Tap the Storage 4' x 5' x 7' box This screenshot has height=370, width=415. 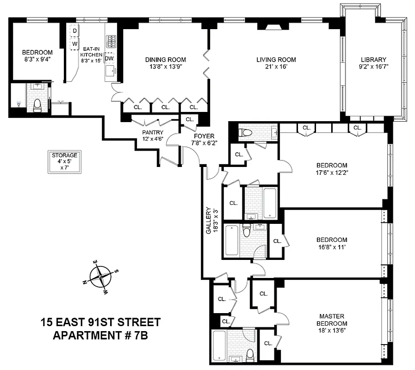tap(65, 161)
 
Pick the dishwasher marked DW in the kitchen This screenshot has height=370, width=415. tap(109, 58)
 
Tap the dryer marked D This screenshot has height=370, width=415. tap(74, 31)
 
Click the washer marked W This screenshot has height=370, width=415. tap(74, 44)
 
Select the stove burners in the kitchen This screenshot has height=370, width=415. tap(111, 42)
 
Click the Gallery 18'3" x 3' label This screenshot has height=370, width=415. tap(211, 220)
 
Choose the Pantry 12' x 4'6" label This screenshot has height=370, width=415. tap(153, 135)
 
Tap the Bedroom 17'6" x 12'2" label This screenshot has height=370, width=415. tap(331, 169)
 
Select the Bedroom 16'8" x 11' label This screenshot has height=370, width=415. tap(331, 243)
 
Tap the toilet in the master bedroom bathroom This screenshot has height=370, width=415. tap(250, 355)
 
